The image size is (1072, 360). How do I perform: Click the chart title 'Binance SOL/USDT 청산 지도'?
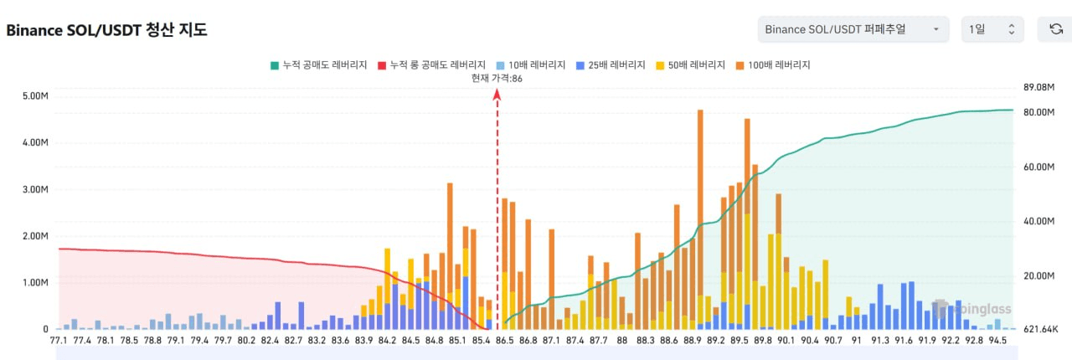[x=106, y=29]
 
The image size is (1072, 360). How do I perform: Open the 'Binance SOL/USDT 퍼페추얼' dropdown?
[x=853, y=29]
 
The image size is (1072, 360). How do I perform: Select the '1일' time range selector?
[x=992, y=29]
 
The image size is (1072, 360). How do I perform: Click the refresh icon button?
[x=1056, y=29]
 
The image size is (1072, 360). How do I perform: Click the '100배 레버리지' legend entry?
[x=775, y=64]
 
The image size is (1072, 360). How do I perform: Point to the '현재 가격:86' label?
[x=497, y=78]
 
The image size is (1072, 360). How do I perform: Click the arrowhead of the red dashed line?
[x=497, y=94]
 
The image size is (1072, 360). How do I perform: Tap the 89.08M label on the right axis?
[x=1038, y=87]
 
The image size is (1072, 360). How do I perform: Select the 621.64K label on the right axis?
[x=1041, y=329]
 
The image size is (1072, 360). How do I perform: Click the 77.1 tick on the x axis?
[x=59, y=341]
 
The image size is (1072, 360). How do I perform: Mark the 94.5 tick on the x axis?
[x=997, y=341]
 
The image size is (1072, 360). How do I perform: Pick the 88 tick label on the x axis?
[x=621, y=341]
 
